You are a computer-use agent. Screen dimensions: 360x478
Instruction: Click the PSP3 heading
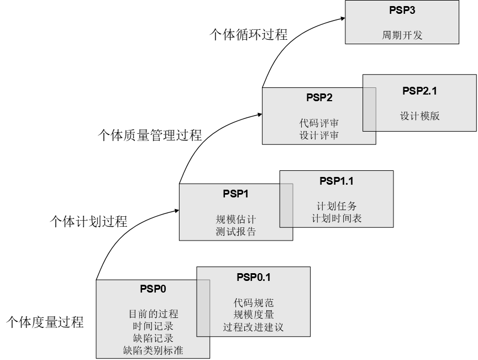pos(402,10)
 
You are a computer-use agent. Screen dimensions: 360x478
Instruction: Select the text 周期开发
pos(402,35)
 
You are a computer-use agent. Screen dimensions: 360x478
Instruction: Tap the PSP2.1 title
pos(419,91)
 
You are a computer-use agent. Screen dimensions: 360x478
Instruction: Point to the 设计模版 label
pos(419,116)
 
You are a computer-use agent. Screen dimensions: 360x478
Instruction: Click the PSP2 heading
pos(319,98)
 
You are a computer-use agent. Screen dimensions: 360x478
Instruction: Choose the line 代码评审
pos(319,123)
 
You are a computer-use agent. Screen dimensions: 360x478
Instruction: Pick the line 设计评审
pos(319,135)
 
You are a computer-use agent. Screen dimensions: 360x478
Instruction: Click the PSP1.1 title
pos(336,181)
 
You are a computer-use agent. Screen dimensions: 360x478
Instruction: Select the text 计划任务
pos(336,206)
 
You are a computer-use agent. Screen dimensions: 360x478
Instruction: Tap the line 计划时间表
pos(336,218)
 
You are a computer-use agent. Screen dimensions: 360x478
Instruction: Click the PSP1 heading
pos(236,194)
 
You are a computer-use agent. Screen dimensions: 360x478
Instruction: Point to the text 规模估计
pos(236,219)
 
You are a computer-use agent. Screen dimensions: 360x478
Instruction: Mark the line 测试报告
pos(236,232)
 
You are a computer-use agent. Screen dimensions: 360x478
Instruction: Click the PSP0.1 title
pos(253,277)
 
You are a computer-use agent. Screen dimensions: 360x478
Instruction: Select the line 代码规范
pos(253,302)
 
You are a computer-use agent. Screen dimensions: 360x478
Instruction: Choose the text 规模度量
pos(253,315)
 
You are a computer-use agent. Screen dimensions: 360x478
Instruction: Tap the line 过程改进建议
pos(253,327)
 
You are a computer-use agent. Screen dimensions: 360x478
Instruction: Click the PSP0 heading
pos(153,289)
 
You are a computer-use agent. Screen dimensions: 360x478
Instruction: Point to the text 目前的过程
pos(153,314)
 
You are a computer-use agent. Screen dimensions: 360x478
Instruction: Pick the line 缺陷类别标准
pos(153,351)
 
